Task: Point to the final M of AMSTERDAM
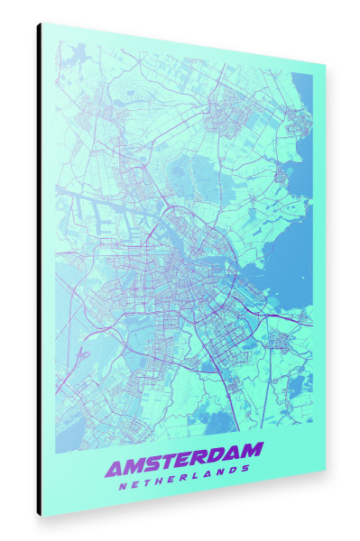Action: (252, 448)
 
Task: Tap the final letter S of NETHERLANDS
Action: (245, 469)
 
